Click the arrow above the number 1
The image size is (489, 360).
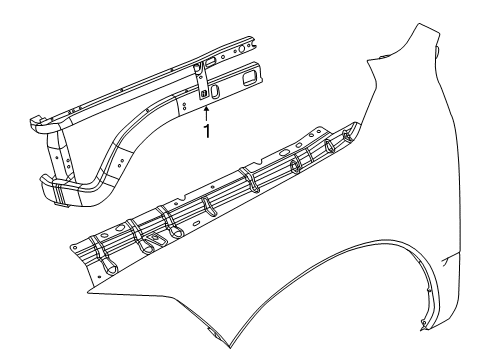click(207, 112)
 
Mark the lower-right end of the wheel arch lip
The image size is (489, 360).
click(419, 324)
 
